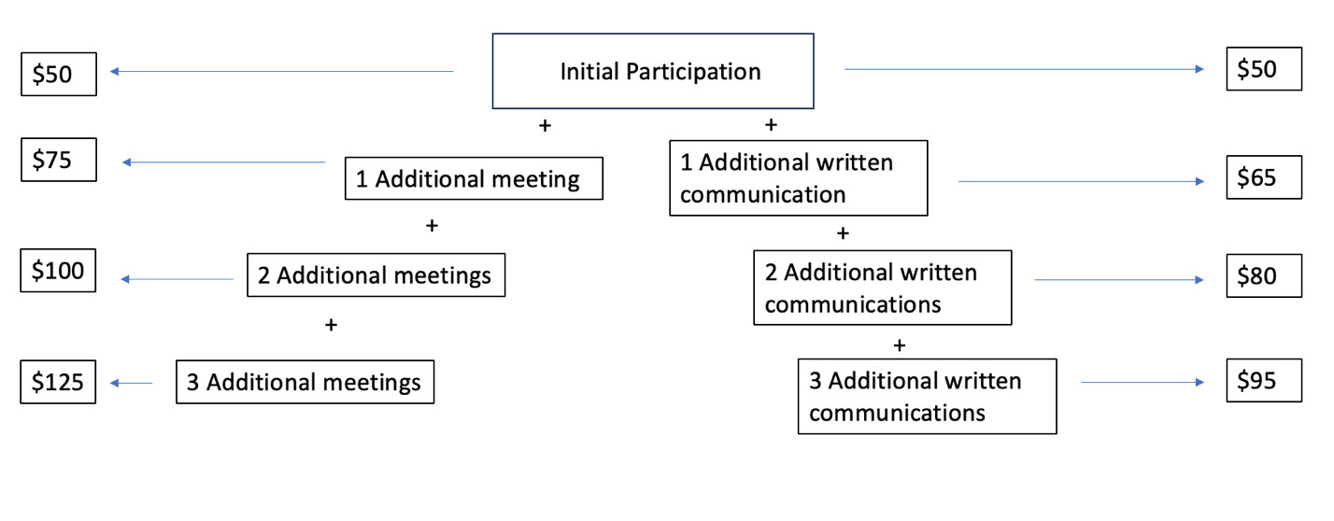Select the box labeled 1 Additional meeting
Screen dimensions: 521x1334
tap(474, 178)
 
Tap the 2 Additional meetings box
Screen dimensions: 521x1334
tap(376, 275)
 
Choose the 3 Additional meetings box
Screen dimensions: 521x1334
tap(305, 382)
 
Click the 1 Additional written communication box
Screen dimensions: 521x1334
tap(798, 178)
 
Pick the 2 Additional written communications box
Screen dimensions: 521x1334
tap(882, 288)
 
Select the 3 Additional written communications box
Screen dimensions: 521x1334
tap(927, 396)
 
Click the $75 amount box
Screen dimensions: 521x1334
tap(58, 161)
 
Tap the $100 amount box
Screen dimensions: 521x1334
tap(58, 271)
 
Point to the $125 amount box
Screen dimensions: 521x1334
tap(58, 382)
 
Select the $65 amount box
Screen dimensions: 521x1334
tap(1263, 177)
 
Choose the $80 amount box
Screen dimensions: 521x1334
tap(1263, 276)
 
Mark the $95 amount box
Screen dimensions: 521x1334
tap(1263, 381)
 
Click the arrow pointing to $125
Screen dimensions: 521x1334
tap(131, 383)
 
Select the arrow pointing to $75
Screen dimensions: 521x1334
tap(223, 162)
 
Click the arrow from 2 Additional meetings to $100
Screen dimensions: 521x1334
tap(177, 279)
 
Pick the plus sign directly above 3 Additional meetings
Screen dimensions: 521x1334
tap(330, 325)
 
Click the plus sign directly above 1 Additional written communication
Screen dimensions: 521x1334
tap(771, 124)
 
